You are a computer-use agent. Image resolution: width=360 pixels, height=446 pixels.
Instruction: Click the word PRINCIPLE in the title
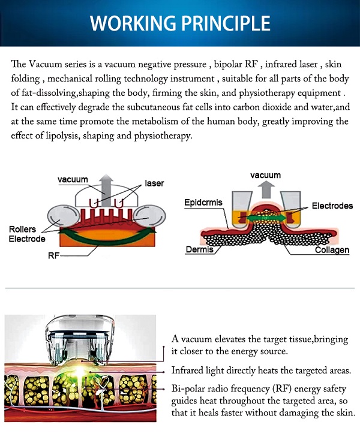226,23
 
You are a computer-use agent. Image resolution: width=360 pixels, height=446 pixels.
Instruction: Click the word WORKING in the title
133,23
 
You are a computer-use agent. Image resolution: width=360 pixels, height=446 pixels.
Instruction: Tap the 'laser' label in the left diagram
154,183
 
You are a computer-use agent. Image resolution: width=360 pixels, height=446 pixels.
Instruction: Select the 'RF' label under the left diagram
53,256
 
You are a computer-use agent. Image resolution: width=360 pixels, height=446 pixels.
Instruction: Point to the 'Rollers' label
22,229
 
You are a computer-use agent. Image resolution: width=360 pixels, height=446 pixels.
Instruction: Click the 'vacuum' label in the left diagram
73,180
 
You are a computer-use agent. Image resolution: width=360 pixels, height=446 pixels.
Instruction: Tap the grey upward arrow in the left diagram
106,189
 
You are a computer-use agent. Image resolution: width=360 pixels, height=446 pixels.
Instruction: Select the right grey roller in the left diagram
149,217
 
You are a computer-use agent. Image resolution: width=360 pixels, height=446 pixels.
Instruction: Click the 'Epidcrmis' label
203,203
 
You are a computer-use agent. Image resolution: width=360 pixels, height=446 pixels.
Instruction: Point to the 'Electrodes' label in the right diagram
332,206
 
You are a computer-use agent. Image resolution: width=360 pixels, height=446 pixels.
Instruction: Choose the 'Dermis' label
199,249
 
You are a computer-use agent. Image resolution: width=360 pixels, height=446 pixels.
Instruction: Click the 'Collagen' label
332,250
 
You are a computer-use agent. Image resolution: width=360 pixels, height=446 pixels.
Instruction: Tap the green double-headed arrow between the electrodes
266,218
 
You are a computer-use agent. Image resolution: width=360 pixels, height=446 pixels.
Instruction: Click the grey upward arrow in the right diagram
266,189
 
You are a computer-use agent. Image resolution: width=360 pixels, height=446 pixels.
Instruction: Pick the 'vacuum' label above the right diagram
266,175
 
